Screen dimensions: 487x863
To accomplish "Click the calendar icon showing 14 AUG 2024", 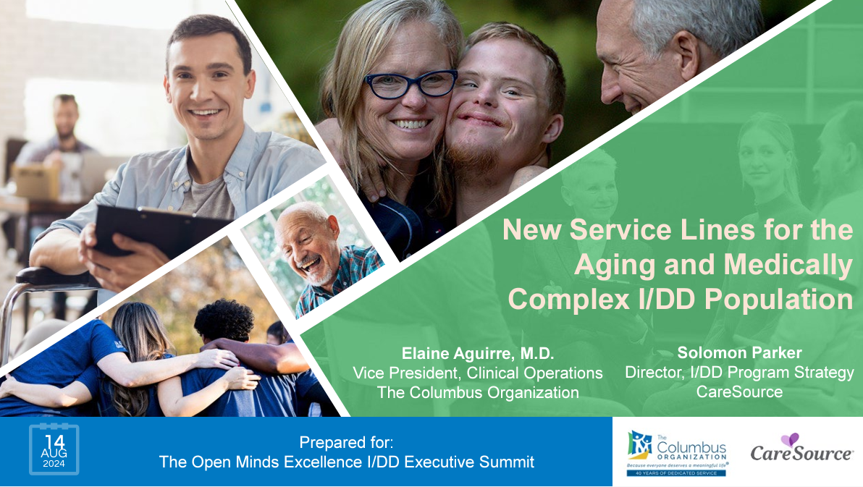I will (x=54, y=449).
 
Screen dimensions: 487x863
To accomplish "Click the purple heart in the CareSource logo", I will (x=789, y=439).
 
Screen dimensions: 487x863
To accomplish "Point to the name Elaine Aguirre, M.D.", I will (x=478, y=354).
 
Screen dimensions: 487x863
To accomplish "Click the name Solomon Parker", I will (x=739, y=353).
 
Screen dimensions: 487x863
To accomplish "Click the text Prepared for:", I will (x=346, y=442).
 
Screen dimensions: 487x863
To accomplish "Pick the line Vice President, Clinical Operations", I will (x=478, y=373).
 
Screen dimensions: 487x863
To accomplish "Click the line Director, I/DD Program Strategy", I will (x=739, y=373).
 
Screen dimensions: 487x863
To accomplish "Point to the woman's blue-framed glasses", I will (x=410, y=83).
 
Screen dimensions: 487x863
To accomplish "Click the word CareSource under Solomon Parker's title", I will (x=739, y=392).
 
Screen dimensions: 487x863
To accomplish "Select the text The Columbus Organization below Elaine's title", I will (x=478, y=393).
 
